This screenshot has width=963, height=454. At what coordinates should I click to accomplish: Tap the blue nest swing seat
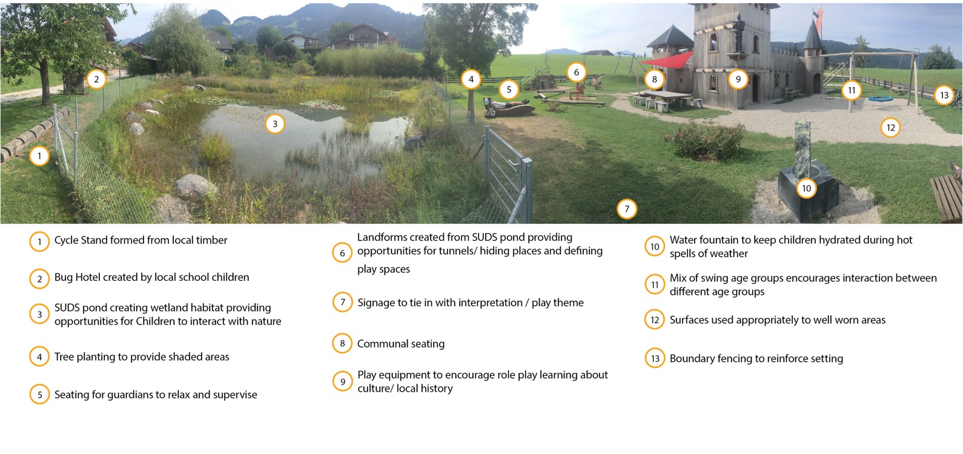click(881, 99)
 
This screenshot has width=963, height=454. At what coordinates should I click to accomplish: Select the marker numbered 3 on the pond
click(275, 123)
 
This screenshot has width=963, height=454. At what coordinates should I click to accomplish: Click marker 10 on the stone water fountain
click(807, 188)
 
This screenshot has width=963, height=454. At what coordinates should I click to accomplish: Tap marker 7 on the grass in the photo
click(627, 209)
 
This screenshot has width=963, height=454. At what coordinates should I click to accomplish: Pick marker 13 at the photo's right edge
click(944, 95)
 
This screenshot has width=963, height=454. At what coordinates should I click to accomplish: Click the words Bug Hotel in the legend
click(76, 277)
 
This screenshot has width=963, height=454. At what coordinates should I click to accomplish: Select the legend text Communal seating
click(401, 344)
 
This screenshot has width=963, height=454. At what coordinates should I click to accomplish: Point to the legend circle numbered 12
click(655, 320)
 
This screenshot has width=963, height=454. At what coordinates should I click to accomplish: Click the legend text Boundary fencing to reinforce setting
click(756, 358)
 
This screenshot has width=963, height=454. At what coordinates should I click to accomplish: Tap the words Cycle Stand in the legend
click(81, 240)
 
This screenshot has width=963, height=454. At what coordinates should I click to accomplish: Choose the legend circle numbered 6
click(343, 253)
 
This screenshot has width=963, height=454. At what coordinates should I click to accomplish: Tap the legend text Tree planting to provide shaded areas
click(142, 357)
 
